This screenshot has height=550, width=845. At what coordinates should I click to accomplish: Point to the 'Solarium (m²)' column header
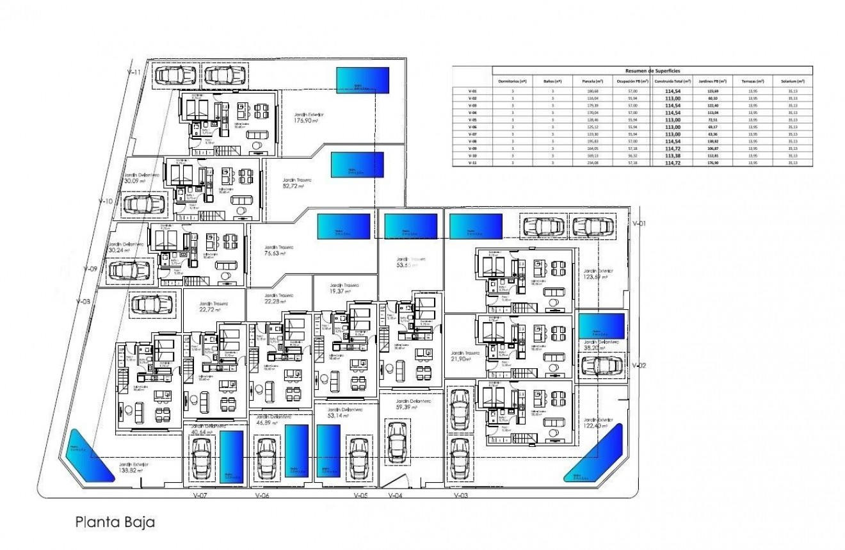click(x=793, y=81)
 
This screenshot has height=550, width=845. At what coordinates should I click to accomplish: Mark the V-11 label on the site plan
click(x=134, y=73)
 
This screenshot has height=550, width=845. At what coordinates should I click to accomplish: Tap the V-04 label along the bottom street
click(x=396, y=496)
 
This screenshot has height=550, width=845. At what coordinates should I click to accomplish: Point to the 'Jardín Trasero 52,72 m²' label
click(x=296, y=184)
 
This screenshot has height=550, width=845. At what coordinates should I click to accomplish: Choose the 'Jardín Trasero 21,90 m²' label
click(x=460, y=356)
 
